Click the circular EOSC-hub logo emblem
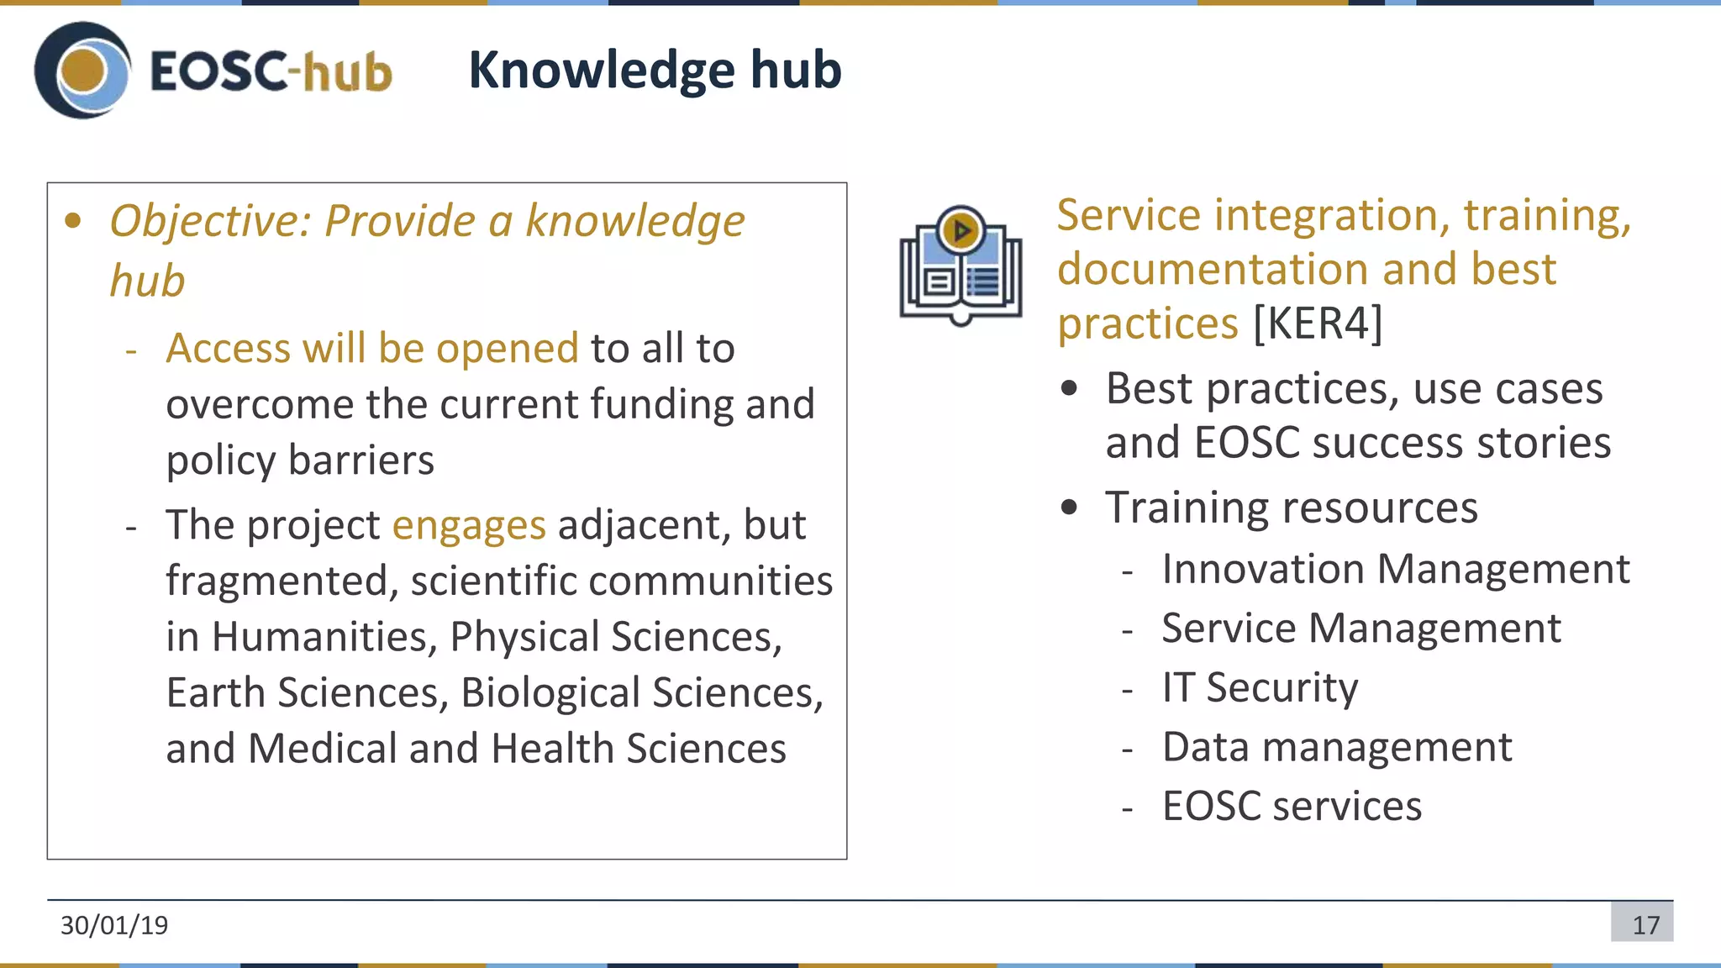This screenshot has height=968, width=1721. tap(82, 71)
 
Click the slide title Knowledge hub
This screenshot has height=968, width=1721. tap(654, 70)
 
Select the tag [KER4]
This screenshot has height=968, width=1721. tap(1317, 324)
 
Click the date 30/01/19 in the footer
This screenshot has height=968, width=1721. tap(114, 925)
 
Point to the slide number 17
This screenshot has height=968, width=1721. tap(1645, 925)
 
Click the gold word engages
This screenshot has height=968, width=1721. tap(469, 526)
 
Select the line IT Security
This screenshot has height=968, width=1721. tap(1259, 687)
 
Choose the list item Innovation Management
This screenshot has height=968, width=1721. tap(1395, 569)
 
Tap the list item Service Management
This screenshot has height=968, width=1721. tap(1360, 629)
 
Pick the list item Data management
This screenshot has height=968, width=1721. tap(1336, 747)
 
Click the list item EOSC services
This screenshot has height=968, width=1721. tap(1291, 806)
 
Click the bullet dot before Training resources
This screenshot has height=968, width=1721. tap(1069, 508)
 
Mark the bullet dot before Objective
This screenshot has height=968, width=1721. tap(73, 222)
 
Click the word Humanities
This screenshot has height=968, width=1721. tap(324, 637)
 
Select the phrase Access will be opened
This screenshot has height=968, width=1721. tap(371, 349)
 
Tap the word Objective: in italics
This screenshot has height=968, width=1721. tap(210, 222)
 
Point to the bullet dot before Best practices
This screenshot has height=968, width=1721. tap(1069, 389)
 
